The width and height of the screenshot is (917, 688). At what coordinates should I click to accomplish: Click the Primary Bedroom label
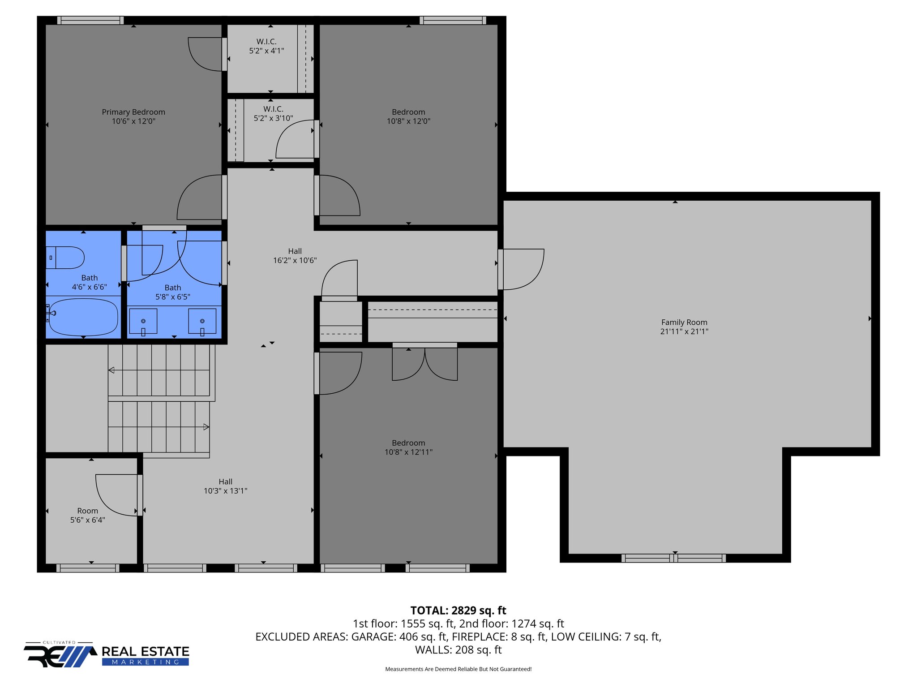click(x=133, y=112)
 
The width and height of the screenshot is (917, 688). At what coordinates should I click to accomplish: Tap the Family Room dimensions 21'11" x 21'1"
click(x=684, y=331)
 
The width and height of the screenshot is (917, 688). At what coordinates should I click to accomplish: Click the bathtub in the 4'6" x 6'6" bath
click(x=83, y=317)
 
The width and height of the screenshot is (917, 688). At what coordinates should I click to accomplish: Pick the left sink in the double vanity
click(x=143, y=321)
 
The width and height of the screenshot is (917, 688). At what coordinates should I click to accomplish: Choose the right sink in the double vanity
click(x=202, y=321)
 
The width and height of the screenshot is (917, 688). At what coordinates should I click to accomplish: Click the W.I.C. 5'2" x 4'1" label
click(x=266, y=46)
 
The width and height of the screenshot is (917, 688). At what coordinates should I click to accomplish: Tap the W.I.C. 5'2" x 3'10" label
click(x=273, y=114)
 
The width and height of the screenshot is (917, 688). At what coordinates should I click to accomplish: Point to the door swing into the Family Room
click(x=522, y=269)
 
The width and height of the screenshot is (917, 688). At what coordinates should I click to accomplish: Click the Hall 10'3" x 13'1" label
click(x=225, y=486)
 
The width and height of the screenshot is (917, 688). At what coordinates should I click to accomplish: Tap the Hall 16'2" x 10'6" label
click(x=295, y=256)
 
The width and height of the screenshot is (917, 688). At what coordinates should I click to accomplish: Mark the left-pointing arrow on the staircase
click(x=111, y=370)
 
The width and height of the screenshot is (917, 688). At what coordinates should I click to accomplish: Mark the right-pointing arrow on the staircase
click(x=206, y=427)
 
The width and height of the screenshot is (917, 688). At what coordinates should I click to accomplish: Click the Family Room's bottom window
click(x=673, y=558)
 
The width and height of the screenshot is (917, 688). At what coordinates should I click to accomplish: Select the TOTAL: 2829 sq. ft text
click(x=458, y=611)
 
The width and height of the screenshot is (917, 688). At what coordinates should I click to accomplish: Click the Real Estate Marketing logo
click(x=107, y=655)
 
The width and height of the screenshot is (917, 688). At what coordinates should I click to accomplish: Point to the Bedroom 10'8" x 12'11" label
click(x=408, y=447)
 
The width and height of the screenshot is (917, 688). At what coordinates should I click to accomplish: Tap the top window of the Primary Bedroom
click(x=90, y=20)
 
